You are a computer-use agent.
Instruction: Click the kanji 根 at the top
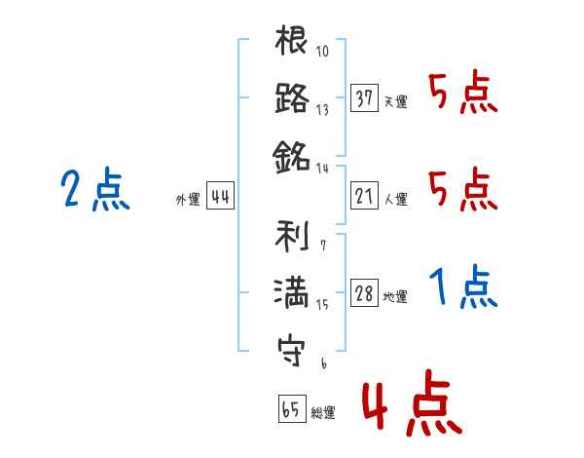pos(291,40)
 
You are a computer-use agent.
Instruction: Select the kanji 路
pos(292,97)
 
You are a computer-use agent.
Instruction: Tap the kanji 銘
pos(291,157)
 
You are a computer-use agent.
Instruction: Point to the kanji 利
pos(292,236)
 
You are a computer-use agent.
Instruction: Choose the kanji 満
pos(291,292)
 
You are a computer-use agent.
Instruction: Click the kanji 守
pos(291,352)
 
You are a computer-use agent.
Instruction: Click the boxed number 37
pos(364,97)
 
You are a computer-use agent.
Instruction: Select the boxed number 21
pos(364,196)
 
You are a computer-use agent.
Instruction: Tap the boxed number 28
pos(364,292)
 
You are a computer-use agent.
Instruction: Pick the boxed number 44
pos(220,196)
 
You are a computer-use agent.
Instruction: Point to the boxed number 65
pos(292,408)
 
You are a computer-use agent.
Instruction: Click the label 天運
pos(396,101)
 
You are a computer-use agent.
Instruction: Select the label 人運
pos(396,199)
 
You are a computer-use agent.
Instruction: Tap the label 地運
pos(395,296)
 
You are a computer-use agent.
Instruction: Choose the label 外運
pos(188,199)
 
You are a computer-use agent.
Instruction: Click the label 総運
pos(323,412)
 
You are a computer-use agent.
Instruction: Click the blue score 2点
pos(95,189)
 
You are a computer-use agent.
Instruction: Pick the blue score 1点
pos(463,286)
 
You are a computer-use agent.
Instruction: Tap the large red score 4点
pos(412,402)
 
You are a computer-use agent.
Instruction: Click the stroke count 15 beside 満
pos(322,304)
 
